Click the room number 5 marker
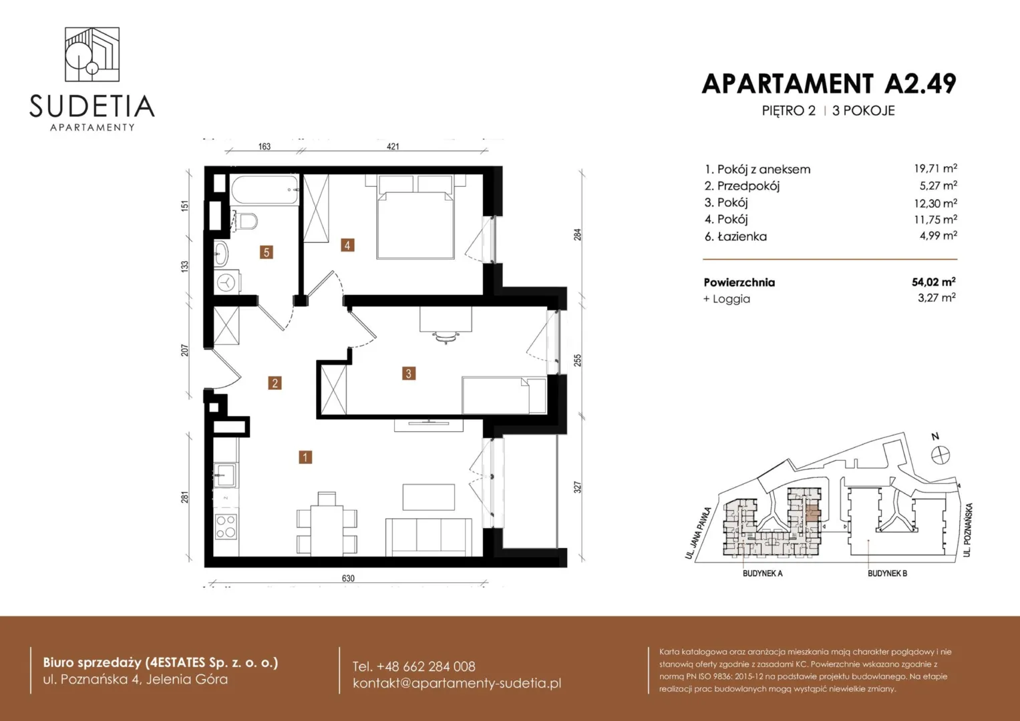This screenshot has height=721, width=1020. (x=267, y=252)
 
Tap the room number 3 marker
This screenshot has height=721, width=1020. (x=408, y=374)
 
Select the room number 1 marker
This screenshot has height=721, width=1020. (x=305, y=457)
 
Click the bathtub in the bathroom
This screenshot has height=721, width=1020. (x=265, y=190)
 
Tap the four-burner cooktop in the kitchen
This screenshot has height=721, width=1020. (x=226, y=526)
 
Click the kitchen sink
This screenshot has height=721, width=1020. (x=225, y=475)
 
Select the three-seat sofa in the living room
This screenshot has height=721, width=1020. (x=428, y=537)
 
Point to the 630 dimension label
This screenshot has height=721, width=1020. (x=348, y=578)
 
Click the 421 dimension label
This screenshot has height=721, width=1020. (x=393, y=147)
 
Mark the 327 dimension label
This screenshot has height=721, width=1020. (x=577, y=487)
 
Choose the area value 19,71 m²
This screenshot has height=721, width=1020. (x=935, y=168)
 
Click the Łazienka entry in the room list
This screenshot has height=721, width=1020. (x=736, y=237)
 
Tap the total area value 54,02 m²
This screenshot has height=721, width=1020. (x=933, y=282)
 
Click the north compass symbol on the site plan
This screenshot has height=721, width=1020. (x=941, y=455)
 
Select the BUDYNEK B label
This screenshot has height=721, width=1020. (x=887, y=573)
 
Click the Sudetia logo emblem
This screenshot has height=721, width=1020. (x=92, y=54)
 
